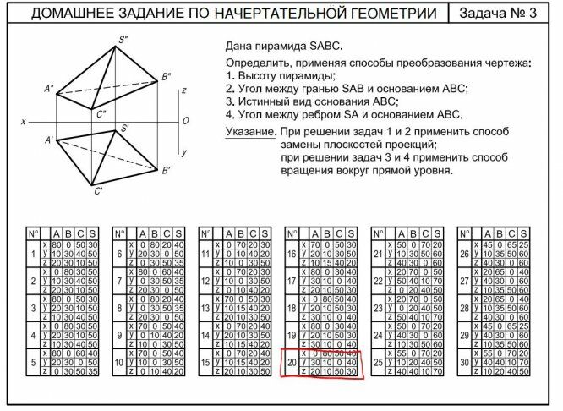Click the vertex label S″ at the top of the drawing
coord(123,39)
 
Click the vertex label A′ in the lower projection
coord(49,139)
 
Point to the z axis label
coord(183,89)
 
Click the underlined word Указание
coord(250,133)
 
